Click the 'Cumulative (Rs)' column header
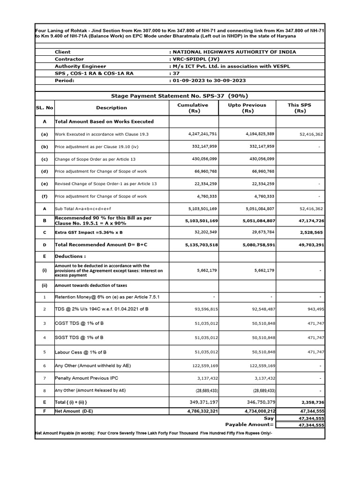point(193,108)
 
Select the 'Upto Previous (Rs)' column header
point(247,108)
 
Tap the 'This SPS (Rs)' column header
point(300,108)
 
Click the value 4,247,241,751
point(203,134)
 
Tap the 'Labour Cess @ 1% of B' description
point(79,352)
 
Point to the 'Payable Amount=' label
point(249,424)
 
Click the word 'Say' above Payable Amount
point(269,418)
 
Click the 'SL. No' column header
point(45,108)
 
